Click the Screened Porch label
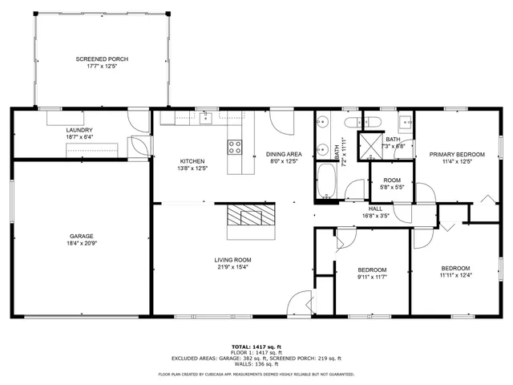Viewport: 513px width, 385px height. [102, 59]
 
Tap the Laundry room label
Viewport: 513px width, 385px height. [79, 130]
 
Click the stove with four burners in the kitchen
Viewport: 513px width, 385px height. [236, 147]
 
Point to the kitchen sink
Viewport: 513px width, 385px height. [205, 118]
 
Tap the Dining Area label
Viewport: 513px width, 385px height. [283, 153]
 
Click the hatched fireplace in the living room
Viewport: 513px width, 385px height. [250, 215]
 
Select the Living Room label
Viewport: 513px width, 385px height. [232, 260]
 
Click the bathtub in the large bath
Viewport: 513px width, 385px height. [325, 182]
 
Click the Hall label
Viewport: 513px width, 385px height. [375, 208]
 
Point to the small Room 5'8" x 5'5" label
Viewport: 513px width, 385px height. [392, 180]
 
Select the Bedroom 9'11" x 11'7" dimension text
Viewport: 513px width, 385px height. [372, 277]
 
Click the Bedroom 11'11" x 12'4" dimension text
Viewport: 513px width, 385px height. [455, 276]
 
